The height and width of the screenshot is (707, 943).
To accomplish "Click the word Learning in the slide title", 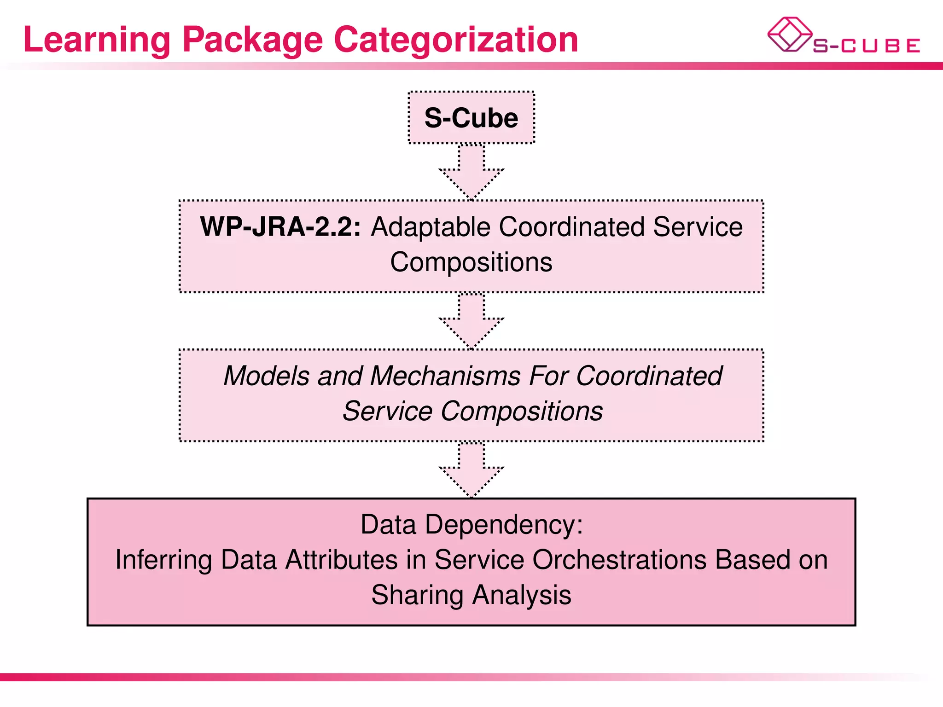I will tap(97, 41).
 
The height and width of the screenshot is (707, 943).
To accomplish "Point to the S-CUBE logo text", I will tap(867, 46).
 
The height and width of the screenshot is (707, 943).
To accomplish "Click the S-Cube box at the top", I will tap(471, 118).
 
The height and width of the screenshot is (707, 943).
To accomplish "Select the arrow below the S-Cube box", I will tap(471, 173).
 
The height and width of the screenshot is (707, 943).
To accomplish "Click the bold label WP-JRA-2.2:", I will tap(280, 227).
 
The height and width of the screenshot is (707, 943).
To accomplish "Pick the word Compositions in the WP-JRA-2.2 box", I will tap(471, 262).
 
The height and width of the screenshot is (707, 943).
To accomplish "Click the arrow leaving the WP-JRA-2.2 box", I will tap(471, 321).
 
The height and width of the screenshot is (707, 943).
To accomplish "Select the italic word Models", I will tap(267, 376).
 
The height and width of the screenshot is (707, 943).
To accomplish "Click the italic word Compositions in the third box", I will tap(521, 411).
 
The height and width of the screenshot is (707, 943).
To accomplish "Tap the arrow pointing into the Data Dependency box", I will tap(471, 470).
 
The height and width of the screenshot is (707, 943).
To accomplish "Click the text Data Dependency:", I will tap(471, 525).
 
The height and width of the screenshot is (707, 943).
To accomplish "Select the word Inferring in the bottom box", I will tap(163, 560).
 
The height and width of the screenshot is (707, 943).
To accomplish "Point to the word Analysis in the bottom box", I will tap(521, 595).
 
